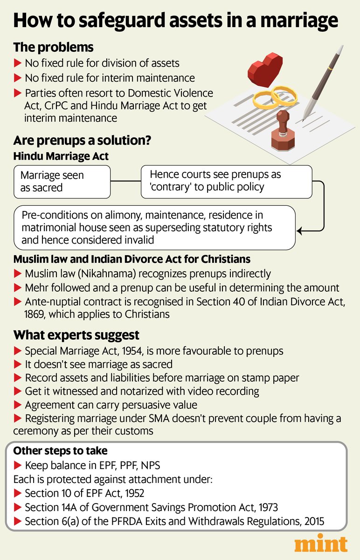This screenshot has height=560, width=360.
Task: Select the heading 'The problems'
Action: [x=53, y=48]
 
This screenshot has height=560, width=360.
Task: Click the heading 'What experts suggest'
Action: [x=76, y=335]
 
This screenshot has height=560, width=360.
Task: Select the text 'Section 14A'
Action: [x=49, y=506]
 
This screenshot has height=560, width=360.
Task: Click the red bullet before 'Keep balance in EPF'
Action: [x=18, y=465]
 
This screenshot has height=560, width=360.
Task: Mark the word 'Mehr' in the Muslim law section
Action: [x=36, y=288]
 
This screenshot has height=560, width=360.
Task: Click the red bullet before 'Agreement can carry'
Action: [x=18, y=405]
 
